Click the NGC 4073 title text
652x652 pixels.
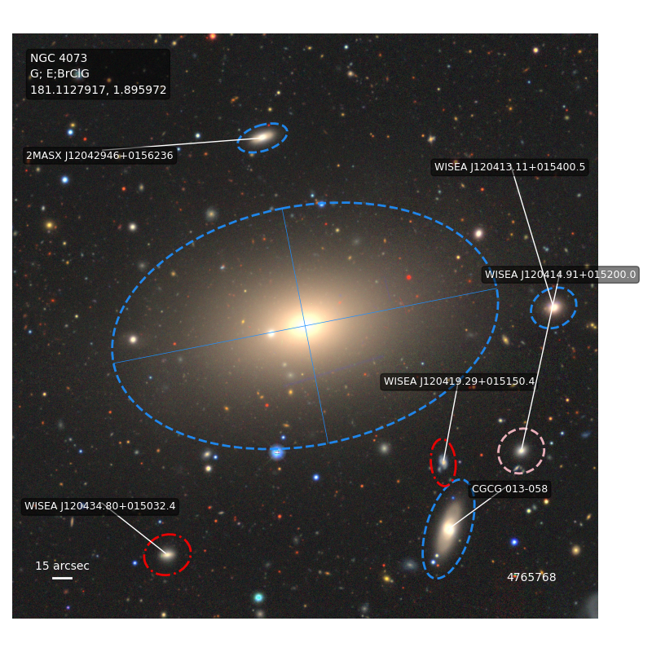tap(59, 58)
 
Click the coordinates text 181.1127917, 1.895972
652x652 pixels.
tap(98, 90)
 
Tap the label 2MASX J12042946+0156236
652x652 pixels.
tap(99, 156)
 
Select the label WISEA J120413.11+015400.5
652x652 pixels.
tap(509, 167)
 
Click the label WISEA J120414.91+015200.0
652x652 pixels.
tap(560, 275)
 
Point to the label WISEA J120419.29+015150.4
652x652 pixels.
tap(459, 381)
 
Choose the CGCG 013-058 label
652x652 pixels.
tap(509, 489)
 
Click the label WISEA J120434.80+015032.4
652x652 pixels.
tap(99, 506)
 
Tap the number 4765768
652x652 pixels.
tap(531, 577)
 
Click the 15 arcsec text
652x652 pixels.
tap(63, 566)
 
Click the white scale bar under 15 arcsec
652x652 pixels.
tap(63, 578)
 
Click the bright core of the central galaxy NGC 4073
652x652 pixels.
tap(306, 325)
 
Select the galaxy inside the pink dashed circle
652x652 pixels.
tap(522, 451)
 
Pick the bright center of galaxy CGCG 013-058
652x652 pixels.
tap(449, 529)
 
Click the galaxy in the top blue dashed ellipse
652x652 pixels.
tap(263, 136)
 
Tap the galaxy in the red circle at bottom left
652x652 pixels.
tap(167, 555)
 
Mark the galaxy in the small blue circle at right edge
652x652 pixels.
tap(553, 307)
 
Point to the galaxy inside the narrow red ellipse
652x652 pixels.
tap(443, 462)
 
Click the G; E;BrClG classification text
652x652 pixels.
tap(59, 73)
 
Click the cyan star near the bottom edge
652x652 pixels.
tap(258, 597)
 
